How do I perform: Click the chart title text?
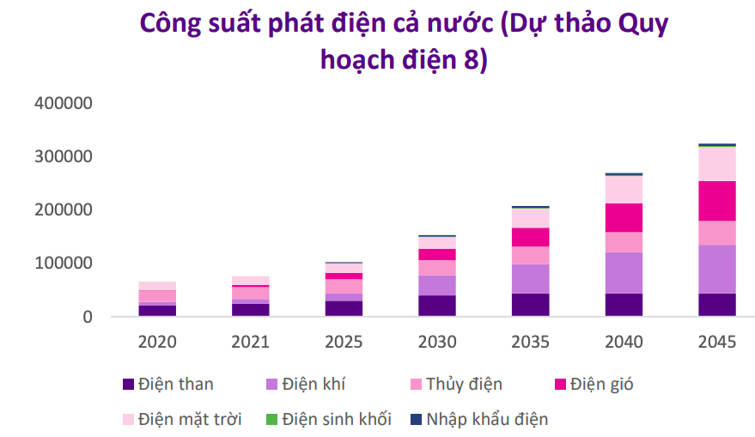click(404, 41)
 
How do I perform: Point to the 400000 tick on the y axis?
click(63, 103)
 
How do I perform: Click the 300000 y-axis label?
click(63, 156)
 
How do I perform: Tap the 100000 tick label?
click(63, 264)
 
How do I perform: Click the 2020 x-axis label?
click(156, 342)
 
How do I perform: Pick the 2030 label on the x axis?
click(436, 342)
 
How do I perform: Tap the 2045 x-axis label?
click(716, 342)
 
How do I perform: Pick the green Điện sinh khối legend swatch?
click(272, 419)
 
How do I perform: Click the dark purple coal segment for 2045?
click(716, 305)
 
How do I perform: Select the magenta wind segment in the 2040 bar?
click(624, 217)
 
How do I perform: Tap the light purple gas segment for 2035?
click(530, 278)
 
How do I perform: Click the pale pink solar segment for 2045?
click(716, 164)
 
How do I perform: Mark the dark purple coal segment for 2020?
click(156, 311)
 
